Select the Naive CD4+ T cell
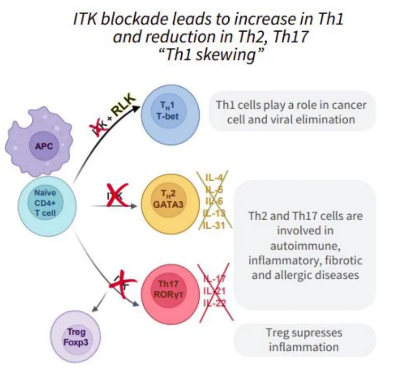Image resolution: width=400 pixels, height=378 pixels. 45,203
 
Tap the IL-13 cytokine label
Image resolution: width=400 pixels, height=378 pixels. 215,213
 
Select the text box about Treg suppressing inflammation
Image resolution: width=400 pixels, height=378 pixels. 304,340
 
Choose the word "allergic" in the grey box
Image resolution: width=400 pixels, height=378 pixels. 292,275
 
